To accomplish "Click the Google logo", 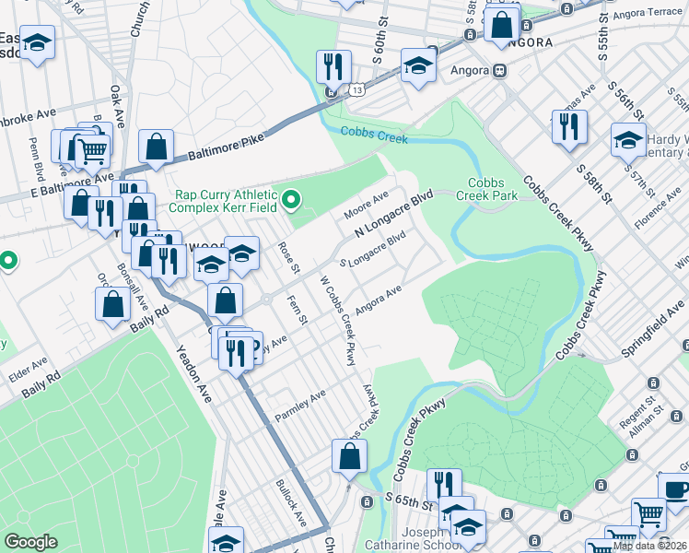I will [31, 542].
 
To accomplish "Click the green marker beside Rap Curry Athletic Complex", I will [292, 198].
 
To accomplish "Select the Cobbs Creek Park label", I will [492, 190].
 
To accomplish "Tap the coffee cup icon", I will [676, 488].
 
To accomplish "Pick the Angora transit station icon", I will [499, 70].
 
